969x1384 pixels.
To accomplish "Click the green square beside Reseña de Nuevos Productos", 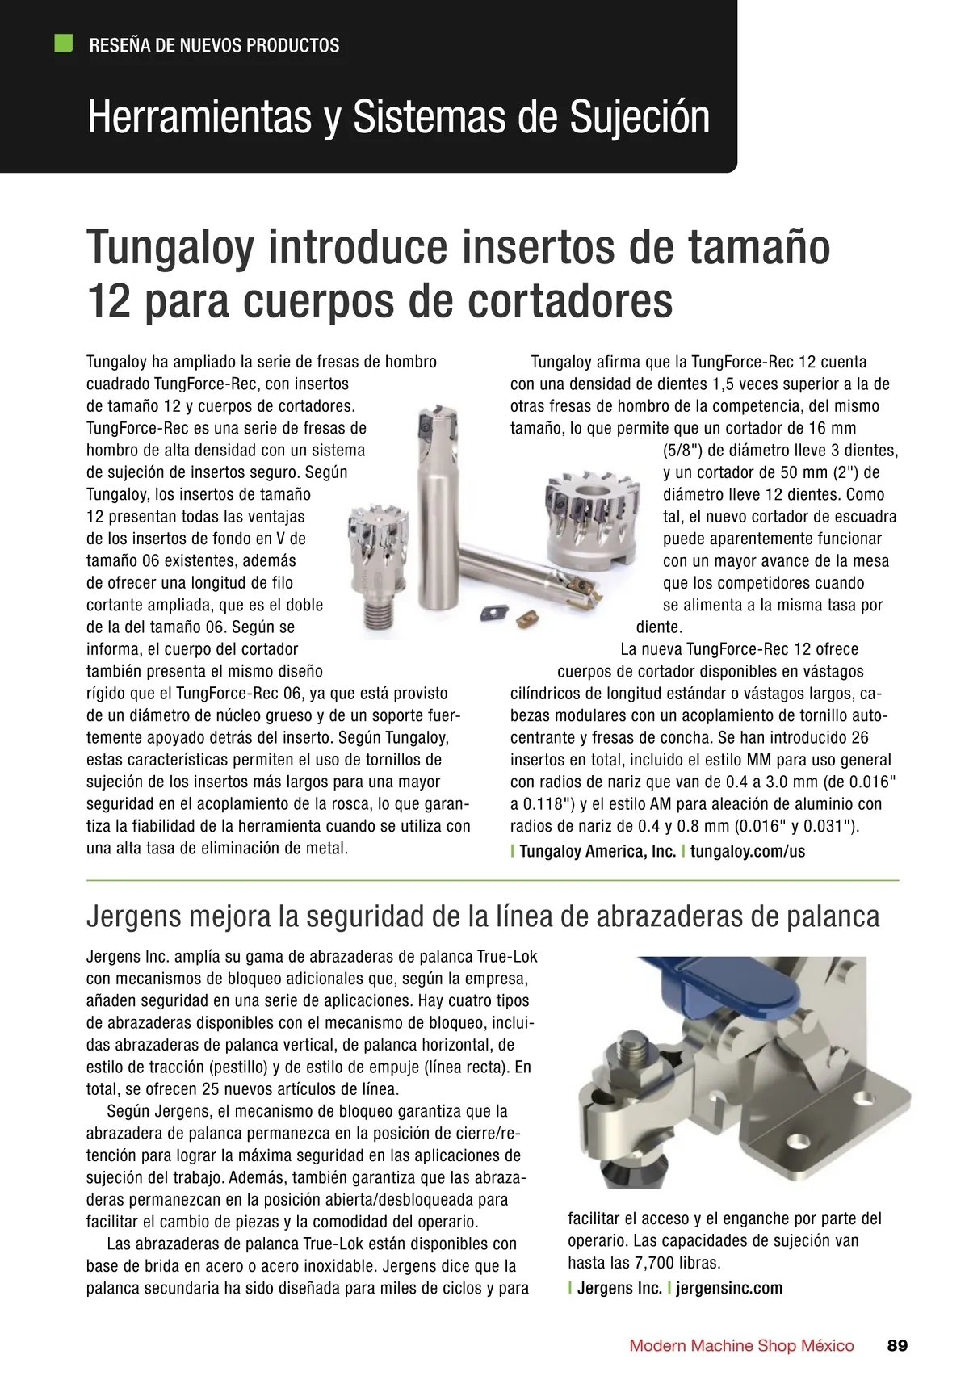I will point(62,44).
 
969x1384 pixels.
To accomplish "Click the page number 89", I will point(897,1346).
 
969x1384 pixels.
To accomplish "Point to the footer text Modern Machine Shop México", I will point(741,1346).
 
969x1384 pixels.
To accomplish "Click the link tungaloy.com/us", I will point(748,851).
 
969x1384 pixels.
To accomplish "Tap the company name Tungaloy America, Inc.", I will point(598,851).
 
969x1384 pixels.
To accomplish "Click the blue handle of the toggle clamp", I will point(711,981).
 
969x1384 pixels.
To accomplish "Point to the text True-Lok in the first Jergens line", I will point(507,957).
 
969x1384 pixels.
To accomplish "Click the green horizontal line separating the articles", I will point(492,879).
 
